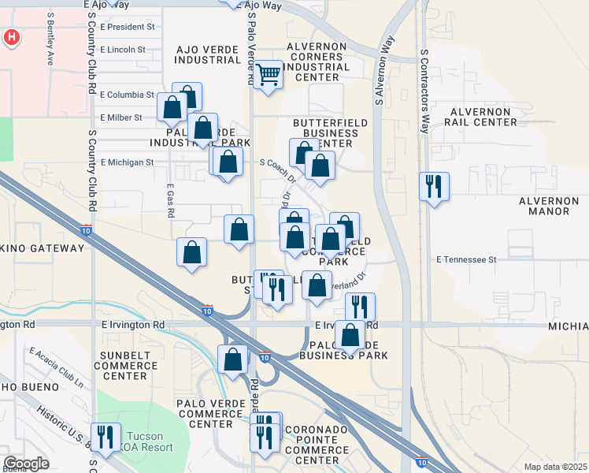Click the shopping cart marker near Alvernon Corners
click(x=269, y=75)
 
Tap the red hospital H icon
click(x=12, y=37)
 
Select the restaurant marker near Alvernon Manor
click(x=434, y=187)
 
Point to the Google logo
click(x=26, y=463)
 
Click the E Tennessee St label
click(x=467, y=259)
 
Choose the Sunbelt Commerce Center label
click(x=124, y=371)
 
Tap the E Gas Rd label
click(x=170, y=201)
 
